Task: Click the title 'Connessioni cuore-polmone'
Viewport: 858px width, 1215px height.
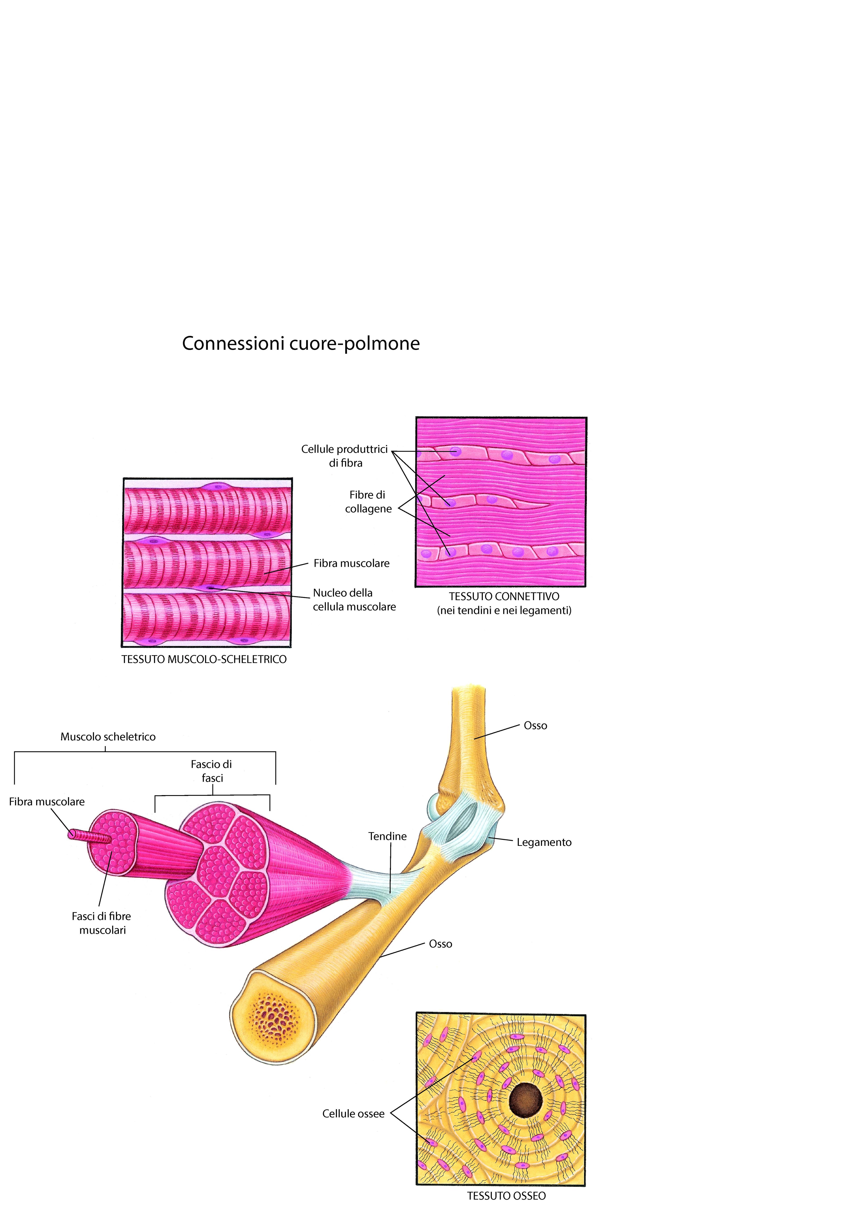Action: click(x=301, y=343)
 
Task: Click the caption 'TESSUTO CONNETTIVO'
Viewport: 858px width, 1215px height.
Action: click(x=504, y=596)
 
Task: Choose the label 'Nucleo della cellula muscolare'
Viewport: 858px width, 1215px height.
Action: click(x=354, y=599)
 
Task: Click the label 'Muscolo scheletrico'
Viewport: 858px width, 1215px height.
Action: click(x=108, y=737)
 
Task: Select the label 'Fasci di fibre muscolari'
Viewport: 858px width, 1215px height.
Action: click(x=102, y=923)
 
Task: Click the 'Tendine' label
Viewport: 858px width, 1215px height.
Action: click(x=388, y=836)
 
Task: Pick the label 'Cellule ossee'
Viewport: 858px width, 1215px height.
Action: click(x=353, y=1113)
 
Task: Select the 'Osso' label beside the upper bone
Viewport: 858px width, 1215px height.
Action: click(x=535, y=726)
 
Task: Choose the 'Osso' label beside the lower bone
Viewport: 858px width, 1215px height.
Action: click(x=441, y=944)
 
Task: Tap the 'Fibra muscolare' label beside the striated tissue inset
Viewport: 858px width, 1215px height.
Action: click(x=352, y=564)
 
